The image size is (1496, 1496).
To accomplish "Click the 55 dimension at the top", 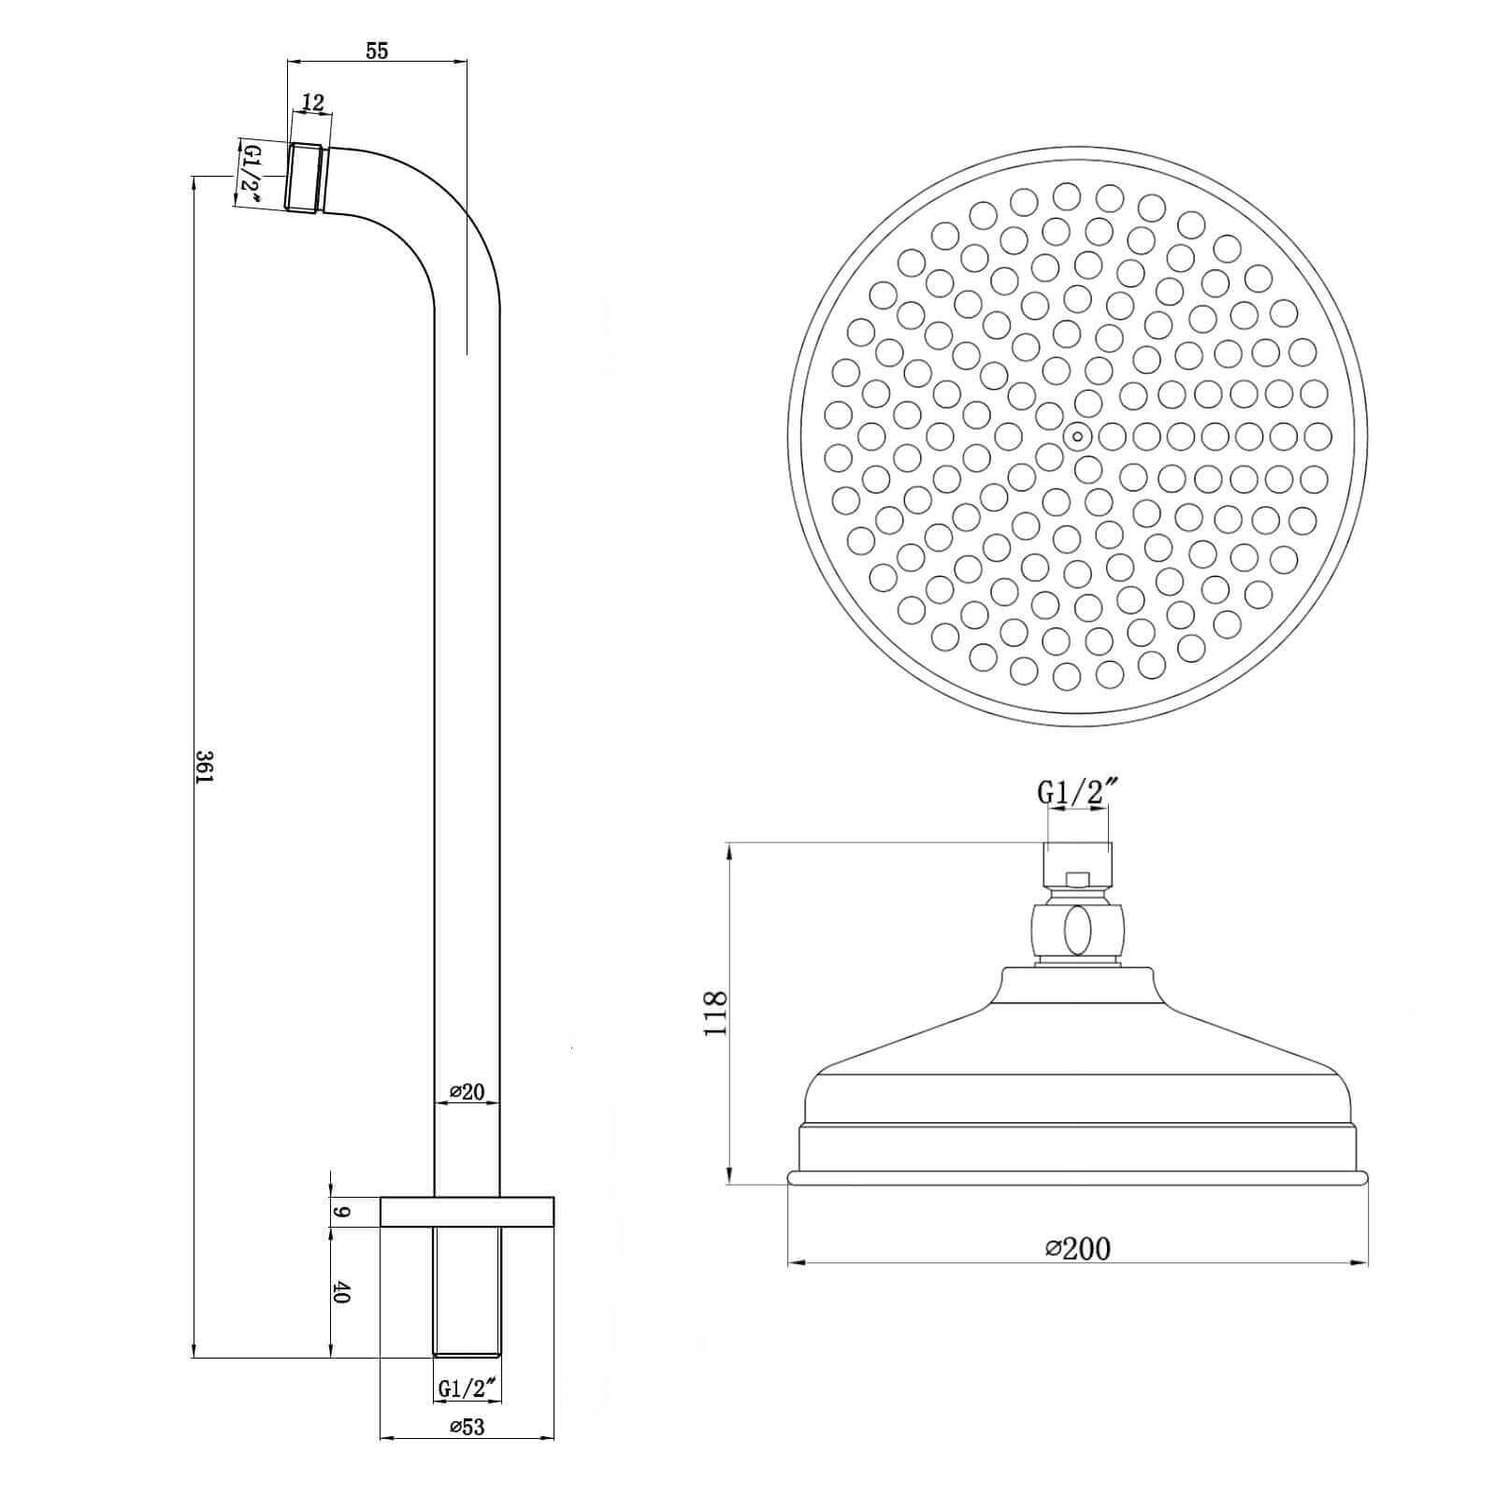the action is [376, 50].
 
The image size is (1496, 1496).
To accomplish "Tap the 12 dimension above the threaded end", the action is [314, 103].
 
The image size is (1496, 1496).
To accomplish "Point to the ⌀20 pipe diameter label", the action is [467, 1091].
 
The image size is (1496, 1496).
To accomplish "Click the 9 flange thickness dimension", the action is [341, 1212].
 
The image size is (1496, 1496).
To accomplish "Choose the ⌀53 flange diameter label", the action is [467, 1452].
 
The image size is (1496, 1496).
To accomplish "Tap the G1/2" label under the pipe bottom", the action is [467, 1415].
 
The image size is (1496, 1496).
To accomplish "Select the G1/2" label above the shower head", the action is [1078, 793].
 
